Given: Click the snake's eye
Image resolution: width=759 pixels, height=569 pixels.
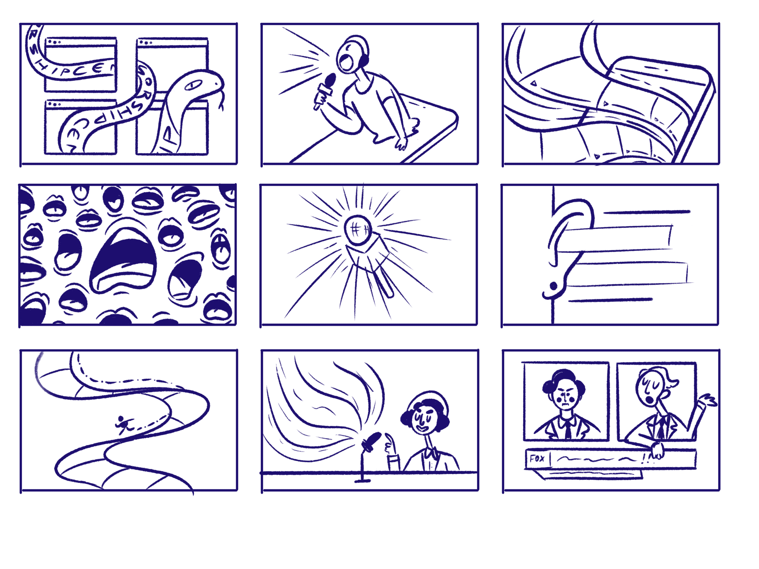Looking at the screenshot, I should (193, 85).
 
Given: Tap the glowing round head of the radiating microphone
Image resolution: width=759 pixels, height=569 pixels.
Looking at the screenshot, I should (358, 229).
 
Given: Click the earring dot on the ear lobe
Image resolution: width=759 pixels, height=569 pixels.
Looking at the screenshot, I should (553, 285).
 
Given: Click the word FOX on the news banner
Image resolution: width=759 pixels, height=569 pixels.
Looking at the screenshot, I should (537, 458).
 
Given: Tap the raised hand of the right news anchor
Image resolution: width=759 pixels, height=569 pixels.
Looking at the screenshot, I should (709, 400).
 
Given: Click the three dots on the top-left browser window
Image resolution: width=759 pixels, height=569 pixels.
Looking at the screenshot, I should (54, 42).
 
